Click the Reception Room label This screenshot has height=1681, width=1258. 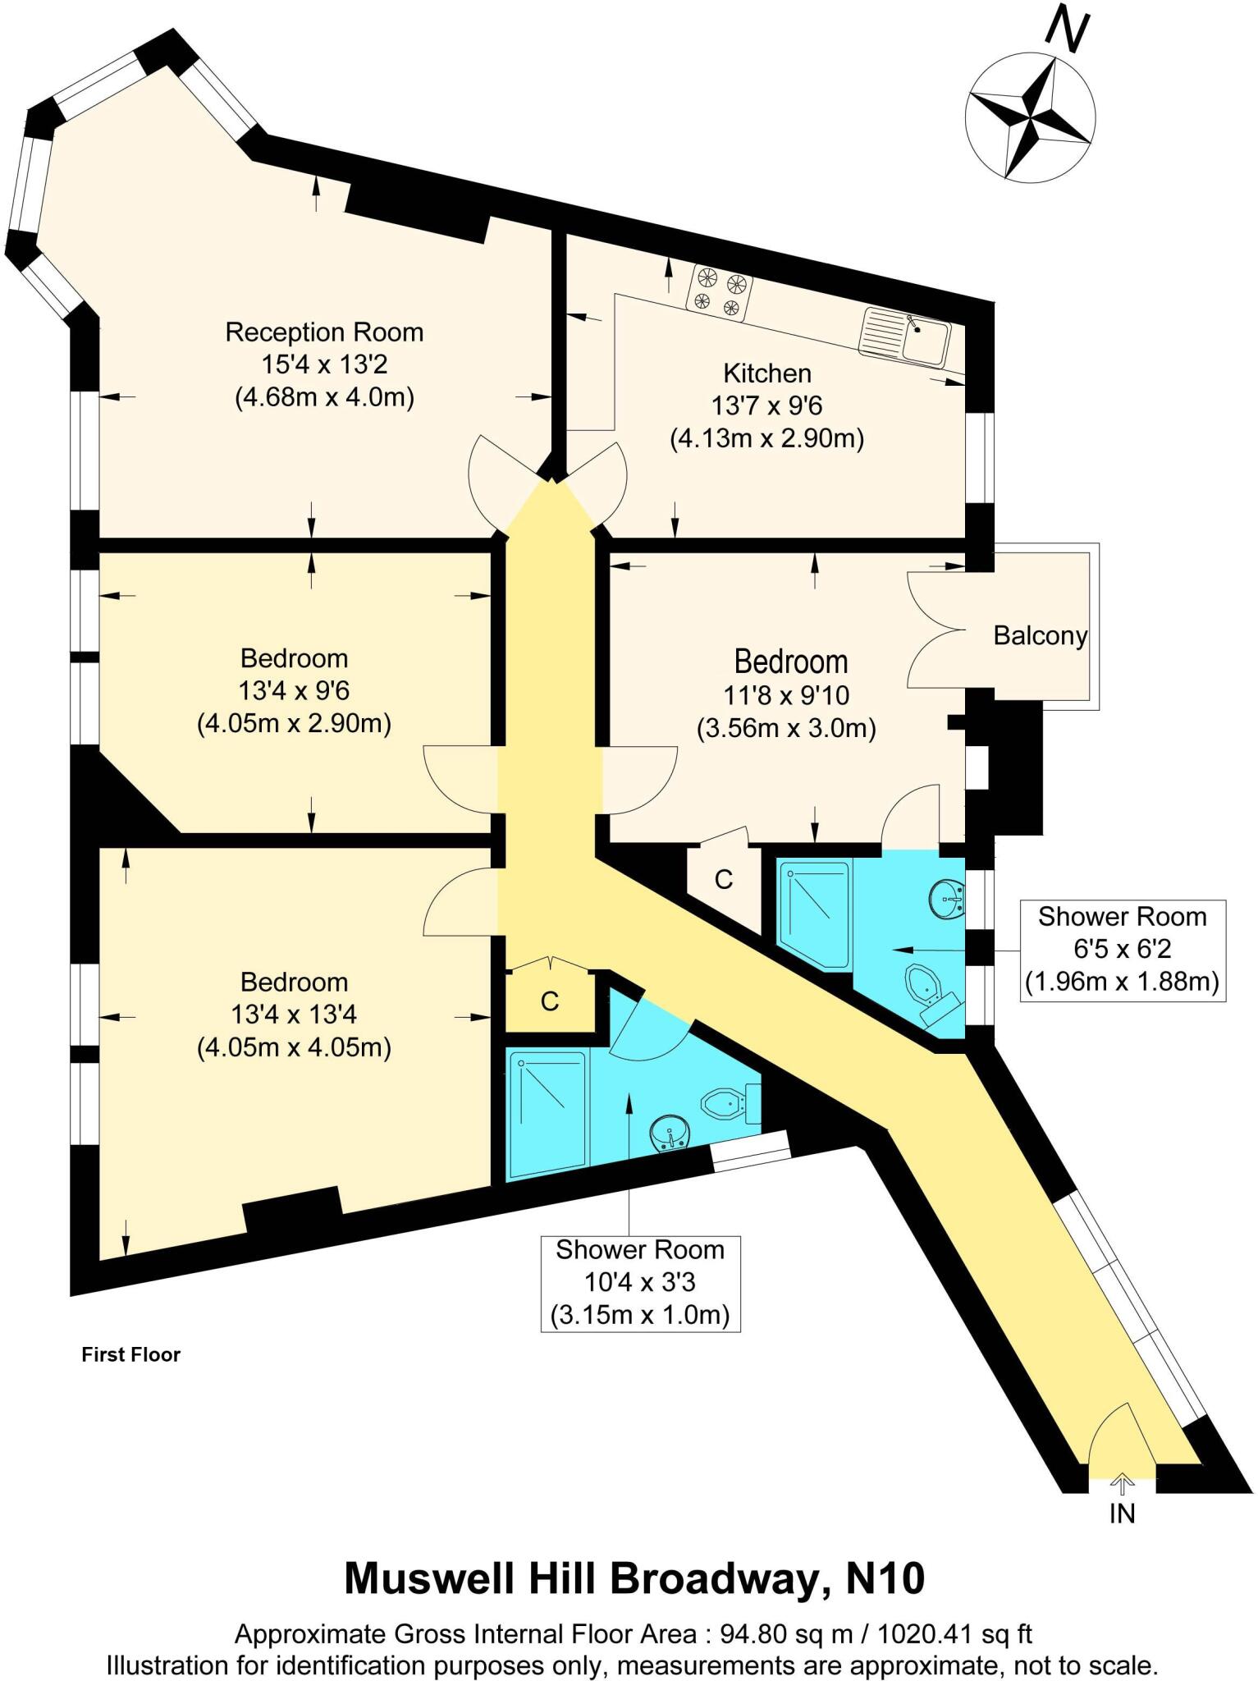pyautogui.click(x=324, y=332)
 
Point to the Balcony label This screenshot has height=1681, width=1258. pyautogui.click(x=1040, y=635)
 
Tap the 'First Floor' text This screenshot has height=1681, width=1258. pyautogui.click(x=130, y=1354)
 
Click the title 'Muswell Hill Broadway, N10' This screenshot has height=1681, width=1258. pyautogui.click(x=634, y=1578)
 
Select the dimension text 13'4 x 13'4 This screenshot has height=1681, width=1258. pyautogui.click(x=294, y=1015)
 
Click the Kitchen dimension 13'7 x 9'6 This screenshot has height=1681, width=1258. pyautogui.click(x=766, y=405)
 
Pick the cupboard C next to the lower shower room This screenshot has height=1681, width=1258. pyautogui.click(x=549, y=1001)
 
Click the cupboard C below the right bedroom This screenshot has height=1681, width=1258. pyautogui.click(x=723, y=879)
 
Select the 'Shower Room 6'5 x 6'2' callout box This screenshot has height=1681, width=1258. pyautogui.click(x=1122, y=950)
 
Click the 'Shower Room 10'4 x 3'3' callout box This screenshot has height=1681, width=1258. pyautogui.click(x=640, y=1283)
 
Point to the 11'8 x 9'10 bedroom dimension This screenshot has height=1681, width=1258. pyautogui.click(x=785, y=695)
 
